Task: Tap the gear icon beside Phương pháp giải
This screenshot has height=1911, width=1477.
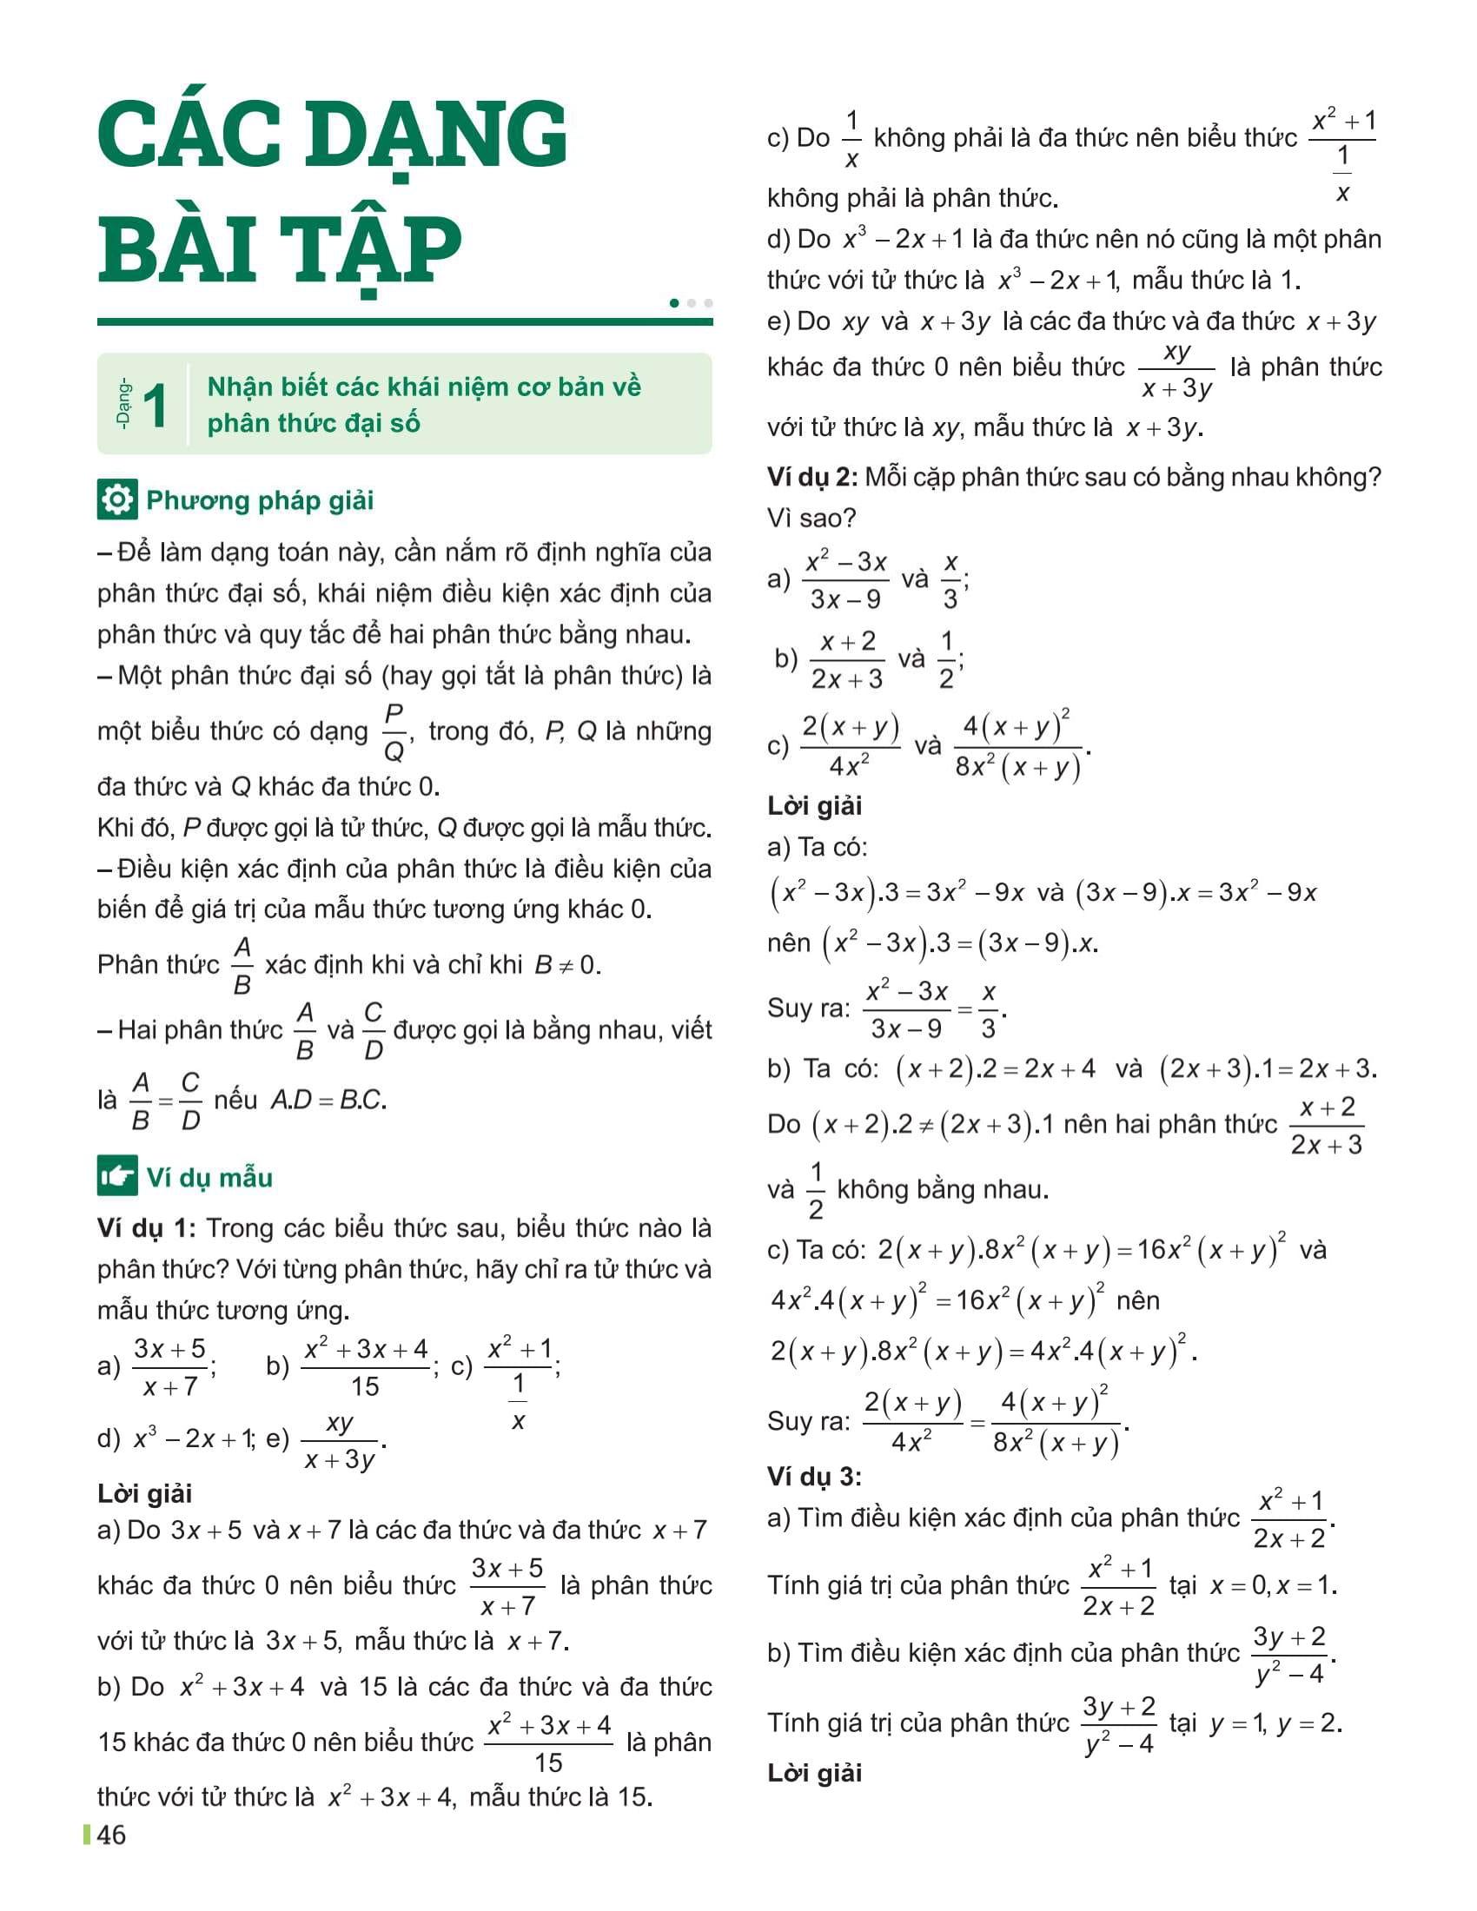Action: (x=116, y=499)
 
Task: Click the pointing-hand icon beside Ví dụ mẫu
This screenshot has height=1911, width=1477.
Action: (x=116, y=1177)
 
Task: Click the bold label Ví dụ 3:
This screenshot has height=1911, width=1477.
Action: (x=814, y=1477)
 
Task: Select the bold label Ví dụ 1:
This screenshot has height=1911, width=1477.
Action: (x=145, y=1228)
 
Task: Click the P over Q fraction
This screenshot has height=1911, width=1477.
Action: (x=394, y=732)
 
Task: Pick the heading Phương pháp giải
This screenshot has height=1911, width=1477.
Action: (x=260, y=500)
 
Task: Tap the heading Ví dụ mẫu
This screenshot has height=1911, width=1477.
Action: (x=210, y=1178)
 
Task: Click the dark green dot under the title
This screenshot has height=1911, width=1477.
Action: (x=673, y=303)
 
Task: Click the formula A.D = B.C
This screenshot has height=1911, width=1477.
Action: (x=328, y=1100)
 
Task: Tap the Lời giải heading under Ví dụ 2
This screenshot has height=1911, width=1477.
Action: (x=814, y=806)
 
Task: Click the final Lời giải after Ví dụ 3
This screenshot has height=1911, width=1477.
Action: (x=814, y=1774)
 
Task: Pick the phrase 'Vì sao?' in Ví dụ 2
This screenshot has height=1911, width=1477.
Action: (x=811, y=518)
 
